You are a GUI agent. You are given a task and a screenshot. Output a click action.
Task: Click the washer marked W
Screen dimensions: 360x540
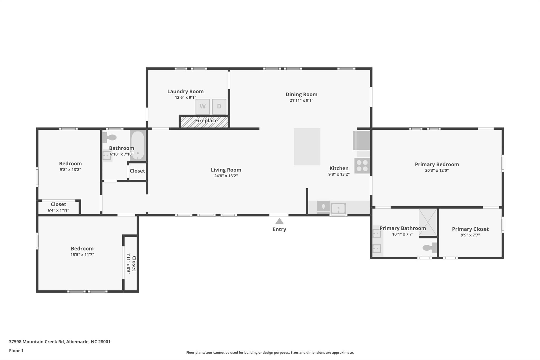pyautogui.click(x=202, y=107)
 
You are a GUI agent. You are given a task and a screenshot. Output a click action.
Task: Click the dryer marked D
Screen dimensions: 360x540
pyautogui.click(x=219, y=107)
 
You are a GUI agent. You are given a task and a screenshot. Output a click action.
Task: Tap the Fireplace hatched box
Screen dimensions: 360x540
pyautogui.click(x=204, y=122)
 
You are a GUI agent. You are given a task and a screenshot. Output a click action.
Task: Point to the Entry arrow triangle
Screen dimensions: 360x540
pyautogui.click(x=279, y=221)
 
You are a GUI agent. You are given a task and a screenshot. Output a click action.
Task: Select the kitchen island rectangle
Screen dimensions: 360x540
pyautogui.click(x=307, y=147)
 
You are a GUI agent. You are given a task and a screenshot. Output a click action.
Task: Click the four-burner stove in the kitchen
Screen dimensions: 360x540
pyautogui.click(x=362, y=166)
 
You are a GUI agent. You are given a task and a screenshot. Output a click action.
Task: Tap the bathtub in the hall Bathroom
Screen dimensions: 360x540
pyautogui.click(x=138, y=145)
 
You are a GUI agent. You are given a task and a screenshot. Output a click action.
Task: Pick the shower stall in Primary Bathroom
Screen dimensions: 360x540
pyautogui.click(x=428, y=222)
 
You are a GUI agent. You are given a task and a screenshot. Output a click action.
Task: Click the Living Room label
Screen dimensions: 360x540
pyautogui.click(x=226, y=170)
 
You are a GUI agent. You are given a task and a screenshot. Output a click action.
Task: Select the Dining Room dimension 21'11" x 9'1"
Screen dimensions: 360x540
pyautogui.click(x=301, y=100)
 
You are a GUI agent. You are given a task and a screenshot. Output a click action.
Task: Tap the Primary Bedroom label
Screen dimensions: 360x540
pyautogui.click(x=437, y=164)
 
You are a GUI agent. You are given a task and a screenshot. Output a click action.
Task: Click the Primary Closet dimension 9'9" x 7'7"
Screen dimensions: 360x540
pyautogui.click(x=470, y=235)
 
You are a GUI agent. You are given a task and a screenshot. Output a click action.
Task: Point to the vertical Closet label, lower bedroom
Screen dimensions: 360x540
pyautogui.click(x=134, y=263)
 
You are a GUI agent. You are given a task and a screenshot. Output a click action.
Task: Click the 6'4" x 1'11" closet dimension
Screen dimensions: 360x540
pyautogui.click(x=59, y=210)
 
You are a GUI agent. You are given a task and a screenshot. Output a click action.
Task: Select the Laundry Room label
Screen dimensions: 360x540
pyautogui.click(x=185, y=92)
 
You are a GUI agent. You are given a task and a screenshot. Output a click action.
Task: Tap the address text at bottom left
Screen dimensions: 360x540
pyautogui.click(x=60, y=342)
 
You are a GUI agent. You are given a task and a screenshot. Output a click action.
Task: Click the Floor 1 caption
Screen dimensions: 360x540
pyautogui.click(x=16, y=351)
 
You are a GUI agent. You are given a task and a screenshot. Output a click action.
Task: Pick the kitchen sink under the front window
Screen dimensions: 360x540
pyautogui.click(x=338, y=208)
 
